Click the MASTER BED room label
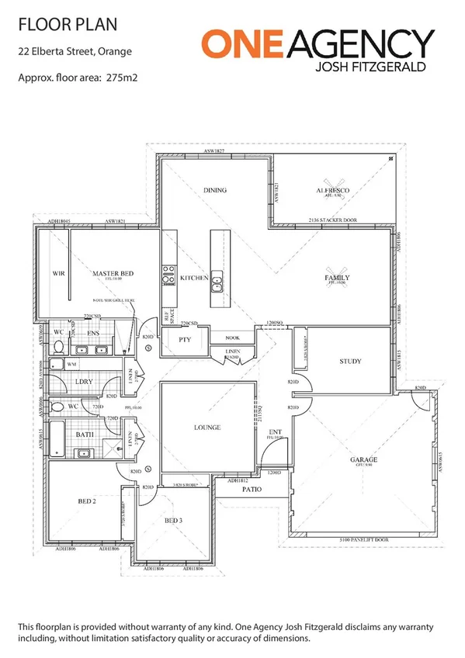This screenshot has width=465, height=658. click(114, 274)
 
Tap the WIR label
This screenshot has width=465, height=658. click(57, 274)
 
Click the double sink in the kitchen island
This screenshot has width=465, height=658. click(217, 282)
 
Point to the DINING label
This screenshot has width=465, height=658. click(214, 189)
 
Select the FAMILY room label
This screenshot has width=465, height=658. click(337, 278)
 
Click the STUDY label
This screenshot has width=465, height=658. click(351, 362)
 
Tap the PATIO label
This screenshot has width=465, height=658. click(249, 490)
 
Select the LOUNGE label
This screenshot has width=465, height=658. click(208, 428)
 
